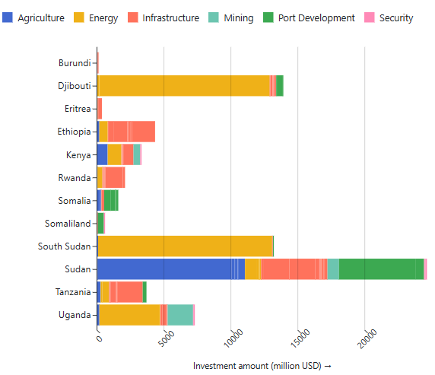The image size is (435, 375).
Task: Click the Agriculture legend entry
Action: pyautogui.click(x=36, y=17)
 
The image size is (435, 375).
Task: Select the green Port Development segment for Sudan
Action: pyautogui.click(x=381, y=269)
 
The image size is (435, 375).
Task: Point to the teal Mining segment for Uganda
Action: pyautogui.click(x=180, y=314)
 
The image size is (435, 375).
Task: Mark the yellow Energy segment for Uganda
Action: pyautogui.click(x=129, y=314)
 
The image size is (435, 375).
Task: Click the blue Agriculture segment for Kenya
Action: pyautogui.click(x=103, y=154)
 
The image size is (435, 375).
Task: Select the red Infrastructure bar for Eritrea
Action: pyautogui.click(x=100, y=109)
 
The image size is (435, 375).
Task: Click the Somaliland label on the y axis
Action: pyautogui.click(x=68, y=223)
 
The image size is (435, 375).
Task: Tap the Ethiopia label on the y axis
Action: pyautogui.click(x=75, y=132)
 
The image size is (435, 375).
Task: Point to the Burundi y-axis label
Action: pyautogui.click(x=75, y=63)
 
